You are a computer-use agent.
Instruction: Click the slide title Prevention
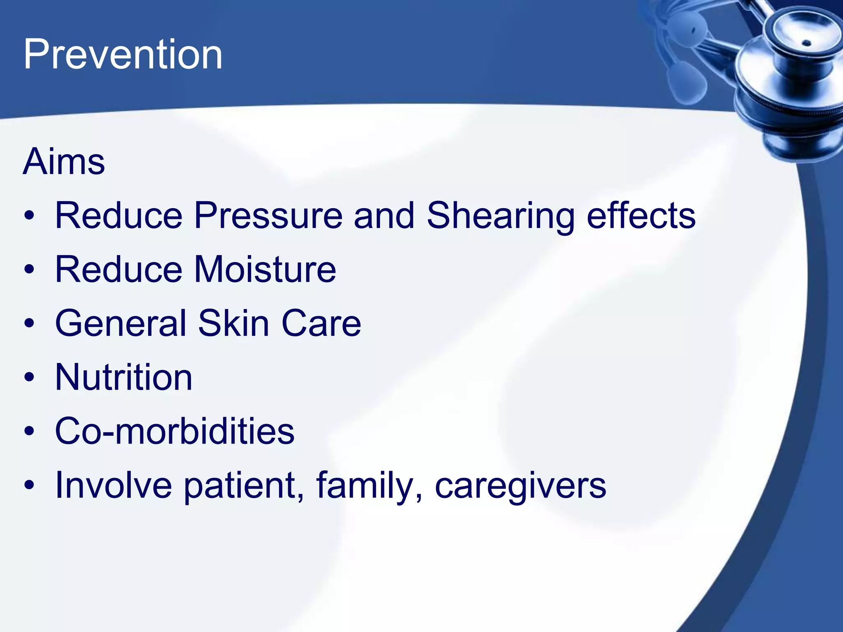click(x=123, y=54)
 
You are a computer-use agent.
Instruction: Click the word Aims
click(x=64, y=161)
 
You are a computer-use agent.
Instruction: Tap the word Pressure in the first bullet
click(x=268, y=216)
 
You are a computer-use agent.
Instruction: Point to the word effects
click(x=641, y=216)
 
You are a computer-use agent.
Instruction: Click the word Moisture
click(x=265, y=270)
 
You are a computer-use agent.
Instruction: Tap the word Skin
click(x=233, y=323)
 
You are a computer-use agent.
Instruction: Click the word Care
click(x=321, y=323)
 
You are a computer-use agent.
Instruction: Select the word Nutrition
click(x=123, y=377)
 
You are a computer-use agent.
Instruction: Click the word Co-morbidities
click(x=175, y=431)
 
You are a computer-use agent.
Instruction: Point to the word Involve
click(x=113, y=485)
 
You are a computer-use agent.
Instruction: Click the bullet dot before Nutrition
click(x=29, y=377)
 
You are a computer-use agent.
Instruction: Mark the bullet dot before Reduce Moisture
click(x=29, y=270)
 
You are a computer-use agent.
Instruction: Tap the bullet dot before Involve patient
click(x=29, y=485)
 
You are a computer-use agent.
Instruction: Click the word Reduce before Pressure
click(x=119, y=216)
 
